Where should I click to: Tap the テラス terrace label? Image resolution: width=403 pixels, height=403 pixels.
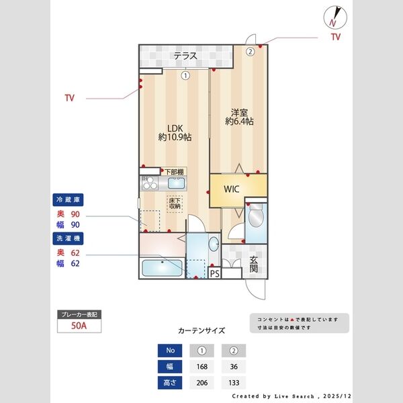tap(185, 56)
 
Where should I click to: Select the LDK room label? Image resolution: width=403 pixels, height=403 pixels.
tap(175, 132)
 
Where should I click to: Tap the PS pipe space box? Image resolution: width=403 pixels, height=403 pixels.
tap(215, 273)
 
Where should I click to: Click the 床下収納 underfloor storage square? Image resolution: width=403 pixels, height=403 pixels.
tap(175, 204)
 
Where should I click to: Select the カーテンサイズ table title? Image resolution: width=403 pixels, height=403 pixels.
tap(201, 330)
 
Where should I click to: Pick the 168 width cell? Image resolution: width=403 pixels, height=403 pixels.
tap(201, 367)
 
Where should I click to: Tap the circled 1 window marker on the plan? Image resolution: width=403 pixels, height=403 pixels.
tap(185, 76)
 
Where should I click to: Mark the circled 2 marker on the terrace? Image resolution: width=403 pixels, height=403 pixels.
tap(249, 50)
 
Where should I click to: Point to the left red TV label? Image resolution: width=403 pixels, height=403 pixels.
tap(69, 98)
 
